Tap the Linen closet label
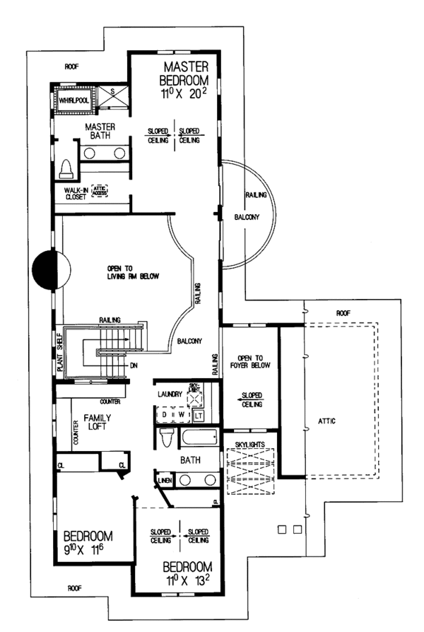pyautogui.click(x=165, y=481)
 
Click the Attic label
pyautogui.click(x=326, y=421)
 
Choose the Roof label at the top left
pyautogui.click(x=71, y=66)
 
